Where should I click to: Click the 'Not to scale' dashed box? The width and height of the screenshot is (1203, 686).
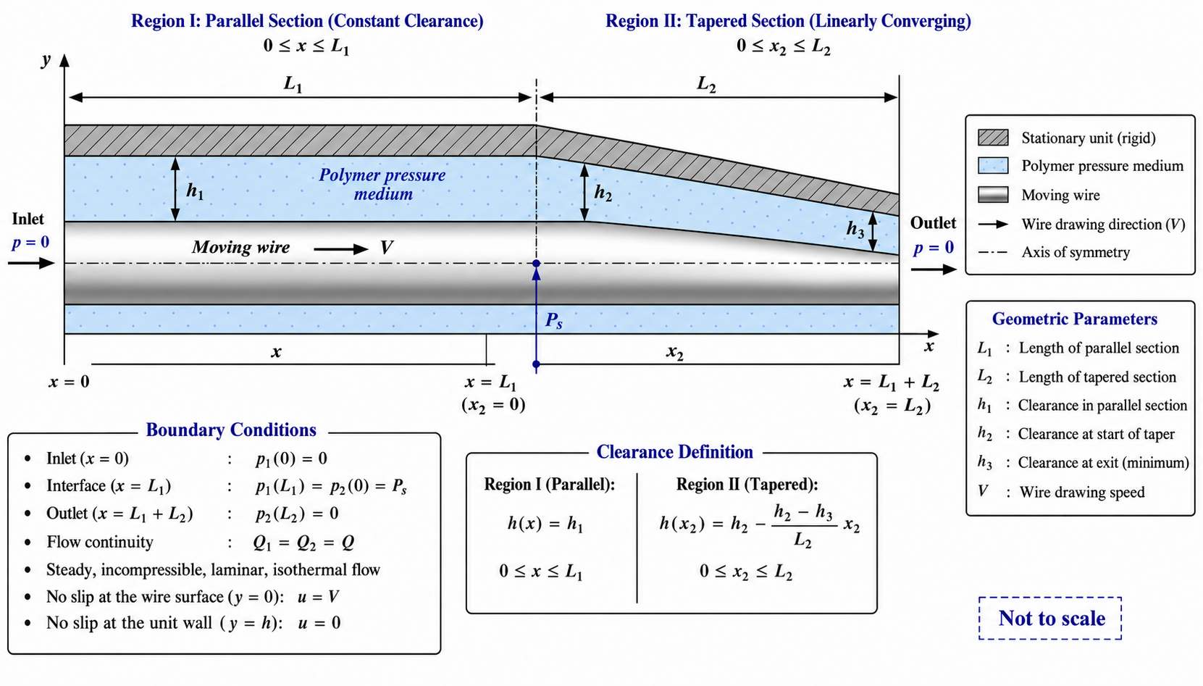coord(1050,598)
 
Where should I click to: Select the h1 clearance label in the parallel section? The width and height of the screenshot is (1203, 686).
coord(195,191)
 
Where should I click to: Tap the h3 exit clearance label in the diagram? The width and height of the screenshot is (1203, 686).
coord(855,230)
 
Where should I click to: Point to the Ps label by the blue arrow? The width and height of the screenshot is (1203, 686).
coord(554,320)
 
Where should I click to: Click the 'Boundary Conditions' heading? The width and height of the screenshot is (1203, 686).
coord(231,430)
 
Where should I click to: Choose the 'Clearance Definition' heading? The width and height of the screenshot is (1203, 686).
coord(674,452)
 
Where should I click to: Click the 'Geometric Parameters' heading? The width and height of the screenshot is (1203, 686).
coord(1075,319)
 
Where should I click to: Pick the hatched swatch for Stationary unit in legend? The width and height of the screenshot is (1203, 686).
coord(993,138)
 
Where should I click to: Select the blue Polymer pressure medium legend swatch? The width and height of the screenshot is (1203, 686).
coord(993,165)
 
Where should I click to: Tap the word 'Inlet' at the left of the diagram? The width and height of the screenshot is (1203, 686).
coord(28,219)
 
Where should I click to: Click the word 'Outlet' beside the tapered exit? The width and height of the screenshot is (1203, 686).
coord(933,223)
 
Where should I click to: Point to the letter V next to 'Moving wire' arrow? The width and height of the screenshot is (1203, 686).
coord(386,247)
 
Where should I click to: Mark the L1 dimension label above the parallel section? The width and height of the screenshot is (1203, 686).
coord(293,84)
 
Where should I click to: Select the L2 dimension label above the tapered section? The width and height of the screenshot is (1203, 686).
coord(706,84)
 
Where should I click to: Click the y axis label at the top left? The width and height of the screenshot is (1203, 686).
coord(46,60)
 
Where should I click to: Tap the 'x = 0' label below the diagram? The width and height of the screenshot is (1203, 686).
coord(69,382)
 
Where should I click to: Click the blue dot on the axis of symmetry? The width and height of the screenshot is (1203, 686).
coord(536,263)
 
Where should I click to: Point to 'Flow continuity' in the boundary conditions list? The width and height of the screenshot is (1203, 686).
coord(100,542)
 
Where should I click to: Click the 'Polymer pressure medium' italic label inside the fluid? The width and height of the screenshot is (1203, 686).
coord(382,184)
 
